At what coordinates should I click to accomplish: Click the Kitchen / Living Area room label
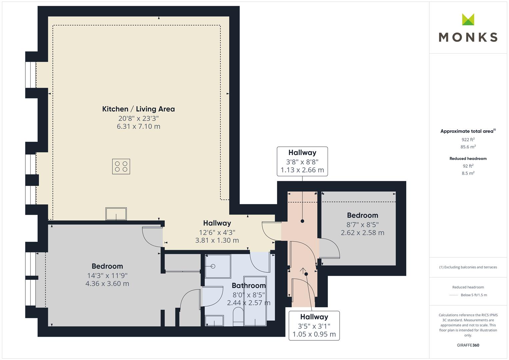(x=138, y=109)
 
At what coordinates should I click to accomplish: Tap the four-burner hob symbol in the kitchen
(x=121, y=167)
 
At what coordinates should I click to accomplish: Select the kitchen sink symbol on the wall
(x=116, y=214)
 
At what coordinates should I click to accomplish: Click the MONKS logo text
(x=468, y=37)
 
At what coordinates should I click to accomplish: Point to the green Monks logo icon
(x=468, y=19)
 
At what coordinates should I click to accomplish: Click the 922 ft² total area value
(x=468, y=140)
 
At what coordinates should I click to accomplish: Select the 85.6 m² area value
(x=468, y=147)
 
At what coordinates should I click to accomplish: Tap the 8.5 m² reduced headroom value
(x=468, y=173)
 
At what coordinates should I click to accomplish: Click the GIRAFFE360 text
(x=468, y=345)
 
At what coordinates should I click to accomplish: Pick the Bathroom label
(x=249, y=285)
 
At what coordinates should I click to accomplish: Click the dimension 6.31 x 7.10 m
(x=138, y=126)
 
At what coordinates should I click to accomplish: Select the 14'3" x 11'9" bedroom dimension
(x=107, y=276)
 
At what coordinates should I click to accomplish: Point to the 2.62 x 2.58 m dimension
(x=362, y=233)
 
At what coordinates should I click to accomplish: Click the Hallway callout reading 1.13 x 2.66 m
(x=302, y=161)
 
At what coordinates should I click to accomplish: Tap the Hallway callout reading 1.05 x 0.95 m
(x=314, y=326)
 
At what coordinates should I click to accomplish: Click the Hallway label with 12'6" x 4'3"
(x=217, y=223)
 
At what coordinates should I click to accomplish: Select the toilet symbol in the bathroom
(x=238, y=316)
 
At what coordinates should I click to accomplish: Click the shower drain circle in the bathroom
(x=213, y=266)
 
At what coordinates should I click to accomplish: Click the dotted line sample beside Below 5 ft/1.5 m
(x=454, y=295)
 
